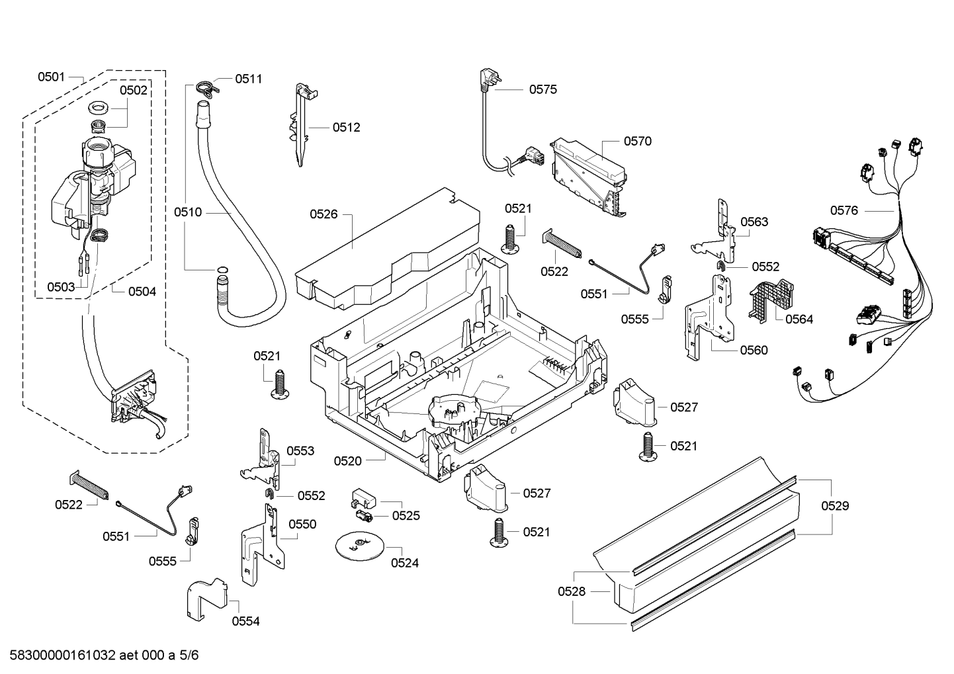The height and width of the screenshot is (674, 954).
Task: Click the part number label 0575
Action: (542, 89)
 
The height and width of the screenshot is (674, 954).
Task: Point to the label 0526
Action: (324, 214)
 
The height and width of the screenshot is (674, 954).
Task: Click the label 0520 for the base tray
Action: (348, 460)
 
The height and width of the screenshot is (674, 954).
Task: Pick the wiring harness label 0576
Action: (844, 210)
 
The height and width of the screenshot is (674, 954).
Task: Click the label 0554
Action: (245, 621)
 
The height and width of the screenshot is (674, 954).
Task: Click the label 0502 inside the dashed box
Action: (134, 90)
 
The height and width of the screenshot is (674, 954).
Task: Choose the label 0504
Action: (142, 291)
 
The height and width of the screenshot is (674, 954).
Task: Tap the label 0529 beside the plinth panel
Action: (835, 506)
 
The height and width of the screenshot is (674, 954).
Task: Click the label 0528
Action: (572, 591)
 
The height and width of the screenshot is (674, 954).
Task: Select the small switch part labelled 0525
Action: (363, 507)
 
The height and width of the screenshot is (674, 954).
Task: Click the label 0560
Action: (754, 350)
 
